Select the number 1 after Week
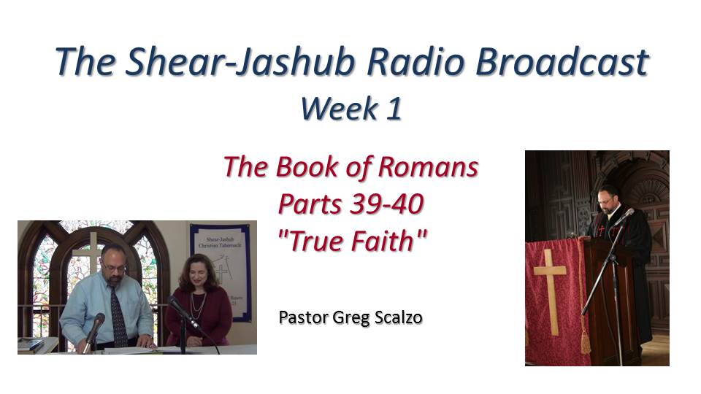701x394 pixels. [x=394, y=109]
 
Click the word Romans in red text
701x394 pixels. [x=429, y=167]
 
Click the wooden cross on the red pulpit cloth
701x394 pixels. [x=549, y=291]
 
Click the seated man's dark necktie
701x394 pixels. [x=118, y=315]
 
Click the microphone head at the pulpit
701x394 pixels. [x=627, y=215]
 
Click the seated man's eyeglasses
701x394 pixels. [x=113, y=266]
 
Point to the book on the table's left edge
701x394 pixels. [x=31, y=345]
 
